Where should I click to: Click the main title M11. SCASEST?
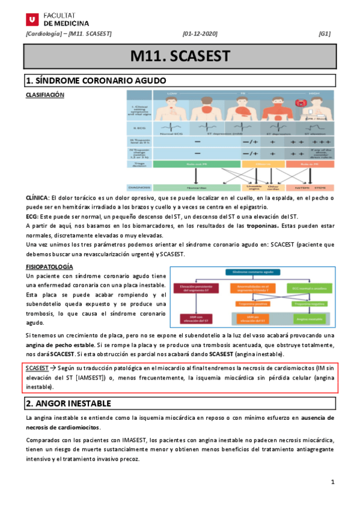click(x=180, y=57)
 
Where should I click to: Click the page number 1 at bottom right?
click(x=332, y=484)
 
